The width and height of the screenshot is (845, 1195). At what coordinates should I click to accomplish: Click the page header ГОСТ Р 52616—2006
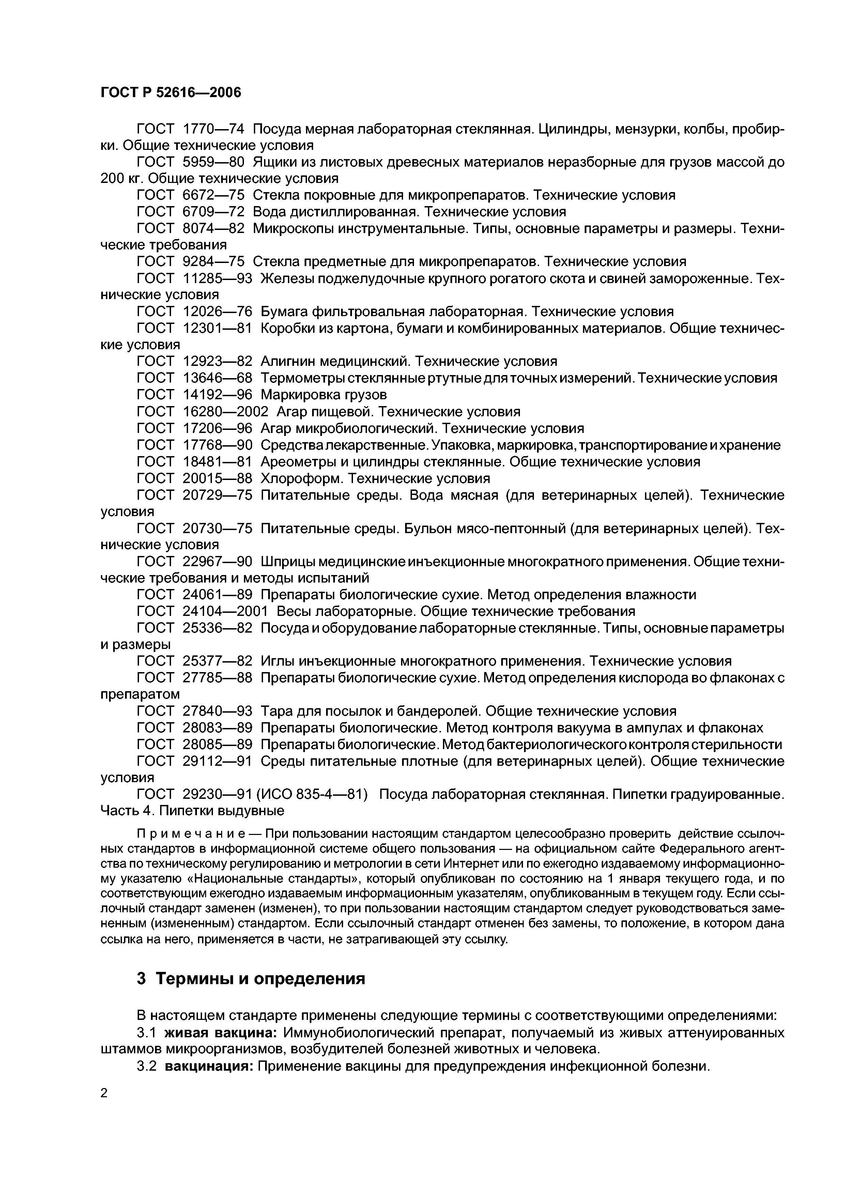[171, 93]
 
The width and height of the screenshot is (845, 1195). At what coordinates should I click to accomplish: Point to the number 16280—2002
[226, 412]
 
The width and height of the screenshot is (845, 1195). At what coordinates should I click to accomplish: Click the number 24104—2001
[226, 611]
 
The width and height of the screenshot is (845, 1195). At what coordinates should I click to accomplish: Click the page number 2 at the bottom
[104, 1093]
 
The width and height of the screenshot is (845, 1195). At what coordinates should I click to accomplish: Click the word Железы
[285, 278]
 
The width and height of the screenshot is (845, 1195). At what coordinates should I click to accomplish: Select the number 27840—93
[217, 711]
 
